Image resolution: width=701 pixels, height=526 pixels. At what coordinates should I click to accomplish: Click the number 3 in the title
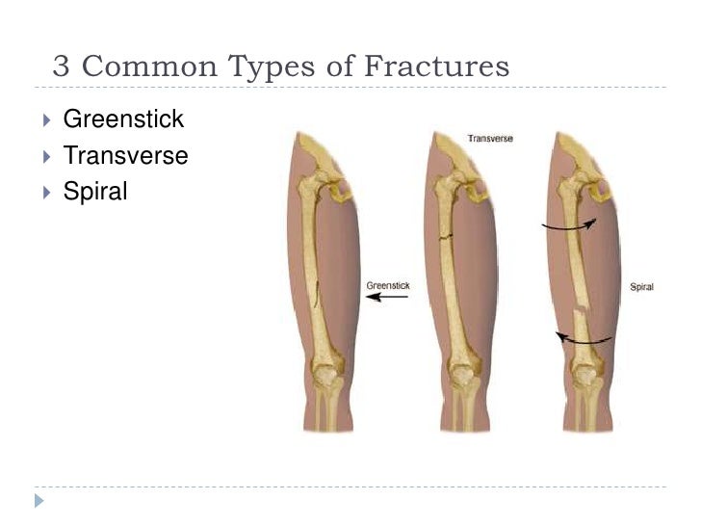pyautogui.click(x=63, y=66)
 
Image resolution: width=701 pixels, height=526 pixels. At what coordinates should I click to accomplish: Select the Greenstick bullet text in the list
pyautogui.click(x=122, y=120)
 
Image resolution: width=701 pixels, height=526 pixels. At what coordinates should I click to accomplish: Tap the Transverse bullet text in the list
pyautogui.click(x=125, y=155)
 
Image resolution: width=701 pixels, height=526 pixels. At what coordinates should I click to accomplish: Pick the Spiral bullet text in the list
pyautogui.click(x=94, y=191)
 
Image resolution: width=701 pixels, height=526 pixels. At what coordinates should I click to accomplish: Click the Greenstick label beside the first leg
pyautogui.click(x=388, y=285)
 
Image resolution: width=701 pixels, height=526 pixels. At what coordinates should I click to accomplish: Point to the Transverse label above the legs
pyautogui.click(x=490, y=139)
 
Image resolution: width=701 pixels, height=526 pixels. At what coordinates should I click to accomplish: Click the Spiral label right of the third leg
pyautogui.click(x=641, y=286)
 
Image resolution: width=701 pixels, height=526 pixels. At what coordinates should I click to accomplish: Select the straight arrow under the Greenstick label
pyautogui.click(x=387, y=298)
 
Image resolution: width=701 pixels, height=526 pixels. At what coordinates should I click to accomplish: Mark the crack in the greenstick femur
pyautogui.click(x=318, y=292)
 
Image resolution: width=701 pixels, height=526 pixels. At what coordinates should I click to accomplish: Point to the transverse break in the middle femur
pyautogui.click(x=446, y=235)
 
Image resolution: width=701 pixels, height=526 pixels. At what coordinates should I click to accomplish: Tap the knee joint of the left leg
pyautogui.click(x=325, y=371)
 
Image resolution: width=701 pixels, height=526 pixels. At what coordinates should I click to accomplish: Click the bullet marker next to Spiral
pyautogui.click(x=46, y=192)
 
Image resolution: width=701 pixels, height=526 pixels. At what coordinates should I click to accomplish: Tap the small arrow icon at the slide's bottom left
pyautogui.click(x=39, y=501)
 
